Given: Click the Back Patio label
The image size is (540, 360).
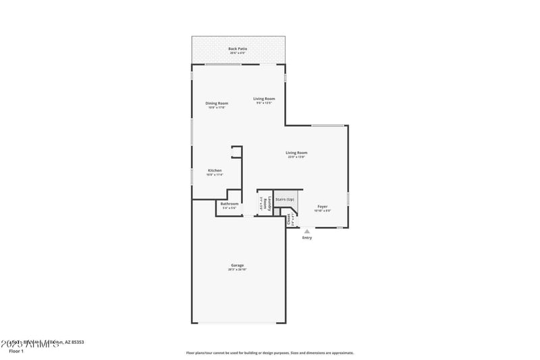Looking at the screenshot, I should [237, 49].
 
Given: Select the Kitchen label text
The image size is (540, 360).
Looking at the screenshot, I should [215, 170].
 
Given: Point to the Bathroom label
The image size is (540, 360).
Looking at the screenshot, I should [230, 203].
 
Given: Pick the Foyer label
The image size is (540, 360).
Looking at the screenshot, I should [323, 207].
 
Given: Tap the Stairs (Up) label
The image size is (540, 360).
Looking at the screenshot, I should [285, 199].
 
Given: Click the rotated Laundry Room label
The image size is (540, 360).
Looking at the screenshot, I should [269, 204].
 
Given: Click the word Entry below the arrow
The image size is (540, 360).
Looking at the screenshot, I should [307, 238].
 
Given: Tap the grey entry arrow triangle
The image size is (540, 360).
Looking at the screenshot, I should [307, 231].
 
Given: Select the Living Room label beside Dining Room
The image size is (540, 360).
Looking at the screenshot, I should [264, 99].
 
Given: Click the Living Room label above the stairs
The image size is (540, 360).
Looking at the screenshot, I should [296, 153].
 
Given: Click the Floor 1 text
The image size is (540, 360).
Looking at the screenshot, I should [16, 351].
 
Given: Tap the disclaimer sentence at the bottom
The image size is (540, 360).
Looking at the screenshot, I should [269, 353].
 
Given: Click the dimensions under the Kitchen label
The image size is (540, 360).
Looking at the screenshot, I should [215, 174].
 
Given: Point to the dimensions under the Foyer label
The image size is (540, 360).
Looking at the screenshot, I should [323, 211].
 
